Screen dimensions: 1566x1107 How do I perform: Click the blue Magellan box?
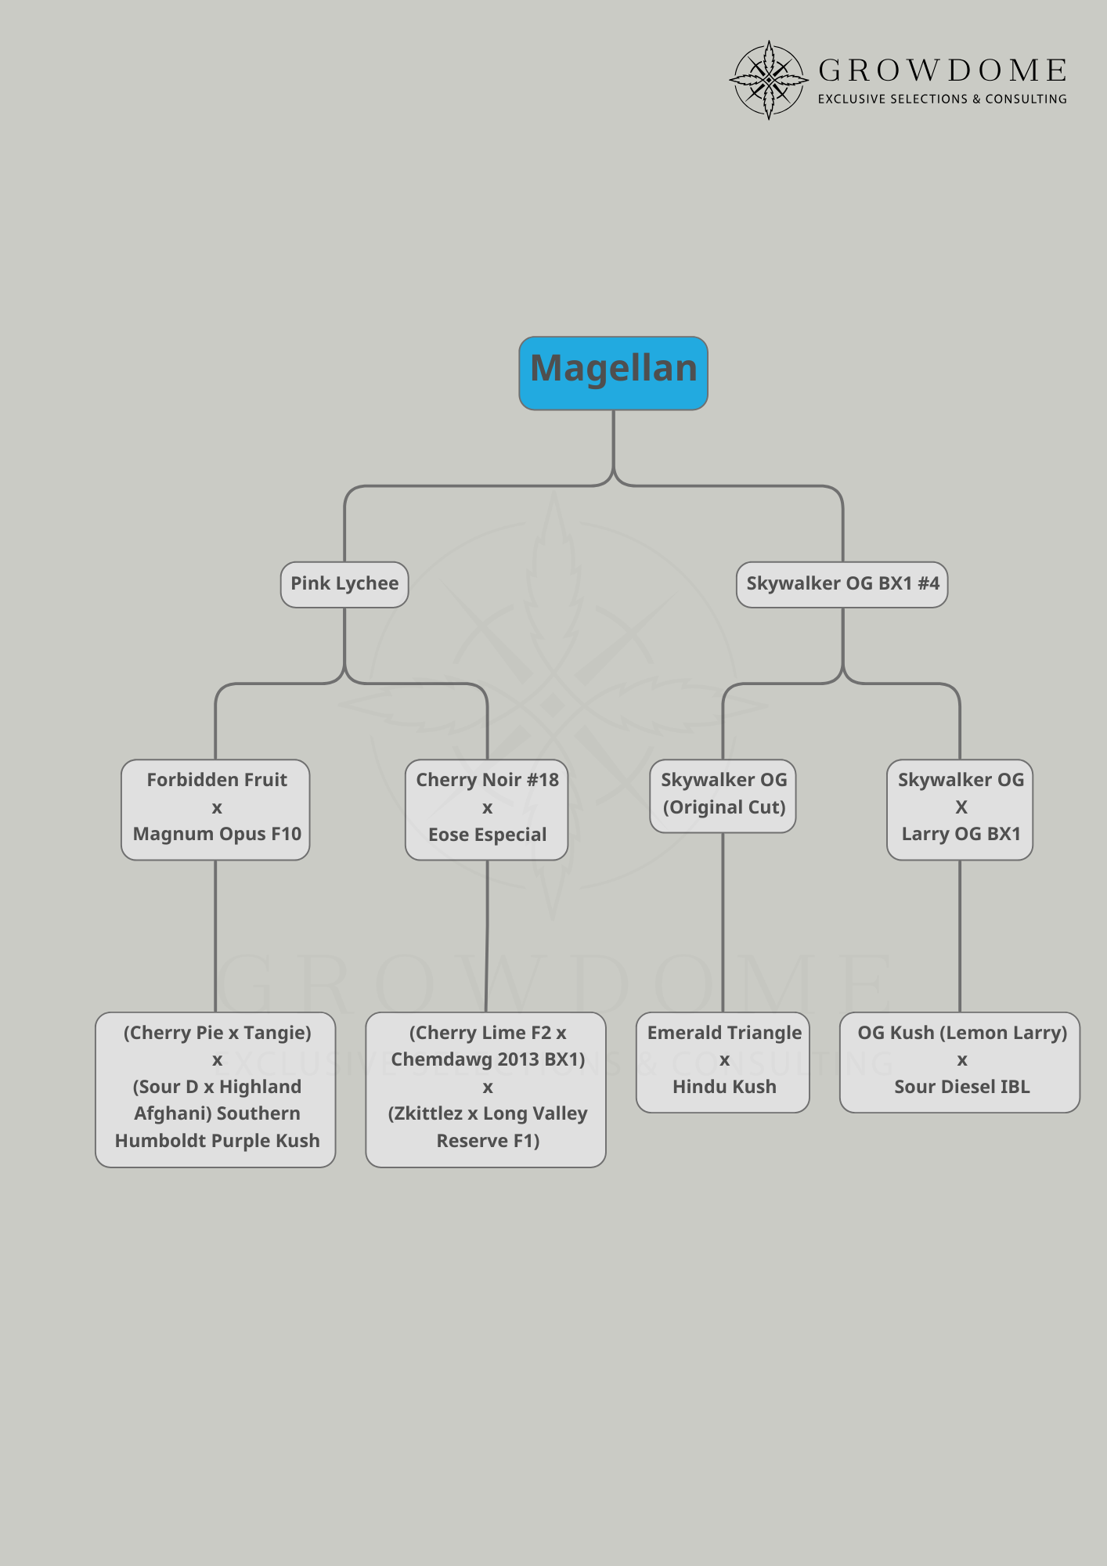point(613,373)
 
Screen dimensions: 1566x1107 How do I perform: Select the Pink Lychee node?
point(344,584)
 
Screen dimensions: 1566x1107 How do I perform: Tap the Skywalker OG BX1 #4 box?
point(842,584)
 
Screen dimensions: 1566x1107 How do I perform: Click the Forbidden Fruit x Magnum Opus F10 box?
point(215,809)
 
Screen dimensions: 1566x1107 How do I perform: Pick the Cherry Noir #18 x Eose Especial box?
point(486,809)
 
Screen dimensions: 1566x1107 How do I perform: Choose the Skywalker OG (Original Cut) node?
point(723,795)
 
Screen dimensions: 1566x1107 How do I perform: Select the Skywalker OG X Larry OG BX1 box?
point(960,809)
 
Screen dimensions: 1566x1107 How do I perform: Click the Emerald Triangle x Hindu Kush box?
point(723,1061)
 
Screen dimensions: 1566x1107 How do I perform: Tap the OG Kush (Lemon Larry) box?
point(960,1061)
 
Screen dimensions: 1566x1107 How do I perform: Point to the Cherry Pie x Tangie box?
point(215,1089)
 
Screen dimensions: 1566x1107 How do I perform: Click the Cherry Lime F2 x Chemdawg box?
point(485,1089)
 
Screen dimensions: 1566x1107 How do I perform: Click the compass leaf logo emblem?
point(769,80)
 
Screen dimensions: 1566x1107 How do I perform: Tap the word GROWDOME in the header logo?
point(942,71)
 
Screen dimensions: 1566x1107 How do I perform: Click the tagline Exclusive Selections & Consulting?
point(942,99)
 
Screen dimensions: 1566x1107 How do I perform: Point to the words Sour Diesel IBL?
point(961,1087)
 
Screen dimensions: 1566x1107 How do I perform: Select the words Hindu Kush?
point(724,1087)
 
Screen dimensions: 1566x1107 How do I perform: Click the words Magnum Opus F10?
point(217,834)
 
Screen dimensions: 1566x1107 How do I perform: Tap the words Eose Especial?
point(487,835)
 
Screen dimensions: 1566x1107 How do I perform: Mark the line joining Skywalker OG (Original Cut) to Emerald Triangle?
point(723,924)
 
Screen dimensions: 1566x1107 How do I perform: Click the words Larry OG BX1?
point(961,834)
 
